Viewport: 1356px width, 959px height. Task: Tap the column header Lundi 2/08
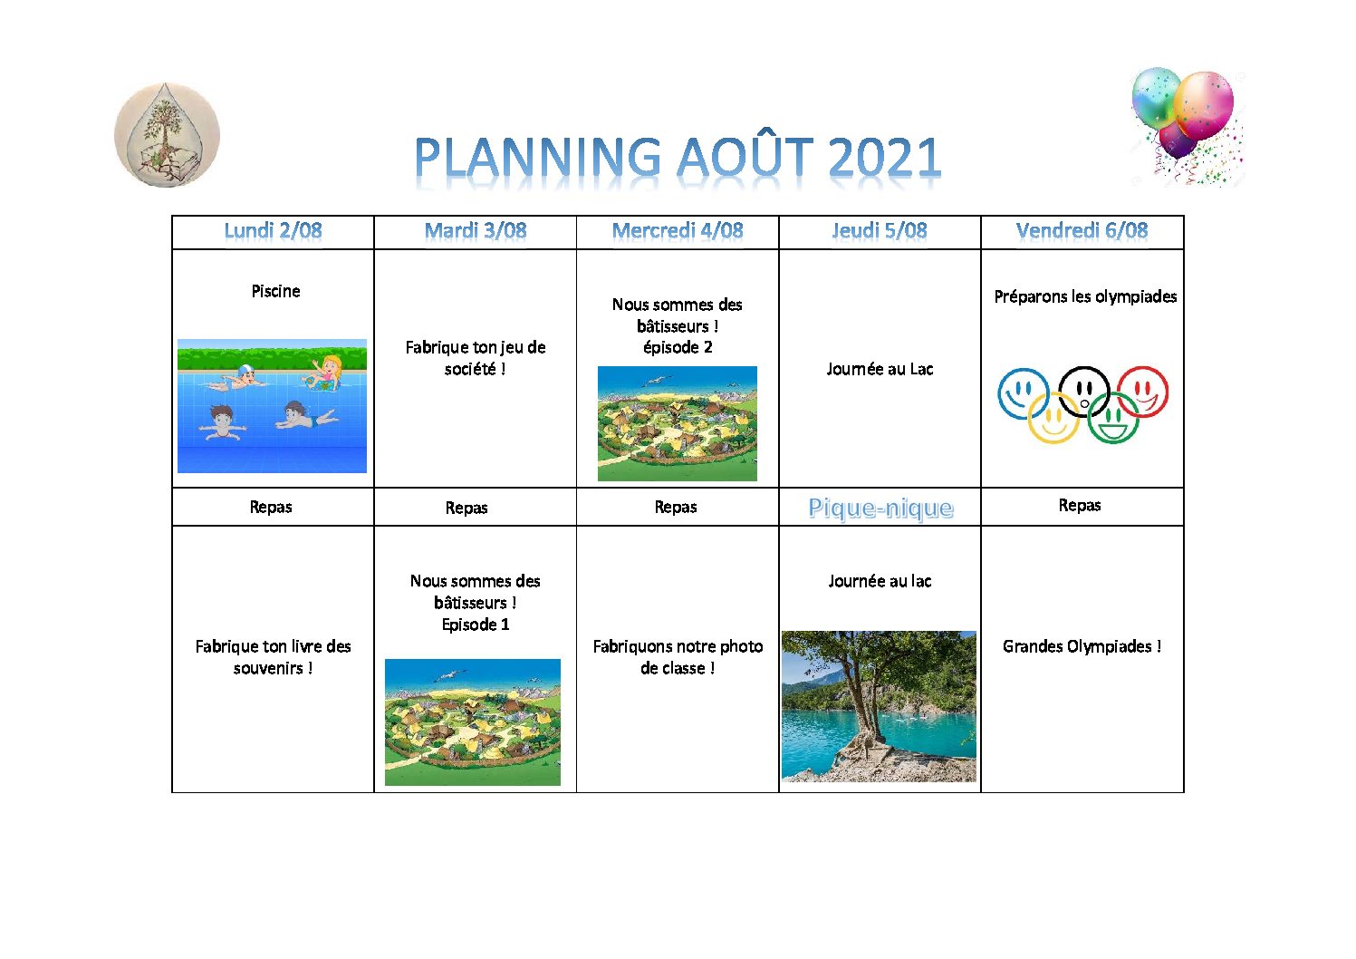point(273,231)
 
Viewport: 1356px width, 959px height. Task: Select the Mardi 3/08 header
point(476,231)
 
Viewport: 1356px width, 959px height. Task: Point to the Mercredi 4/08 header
point(678,231)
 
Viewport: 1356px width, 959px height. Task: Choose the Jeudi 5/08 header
point(880,231)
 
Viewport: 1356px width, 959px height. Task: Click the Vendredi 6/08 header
point(1082,231)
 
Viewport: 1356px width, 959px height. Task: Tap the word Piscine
point(276,291)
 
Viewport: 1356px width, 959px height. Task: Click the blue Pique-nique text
point(880,508)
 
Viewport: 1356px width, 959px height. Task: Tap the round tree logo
point(167,134)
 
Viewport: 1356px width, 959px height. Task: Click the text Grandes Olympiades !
point(1082,646)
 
